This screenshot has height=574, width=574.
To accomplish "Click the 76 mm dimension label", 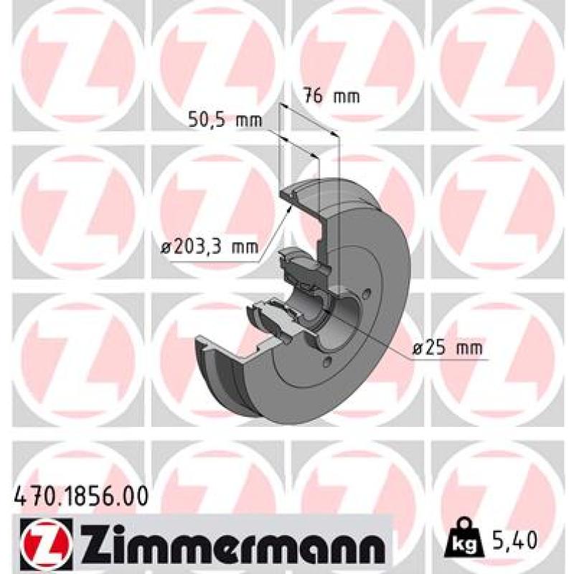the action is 332,96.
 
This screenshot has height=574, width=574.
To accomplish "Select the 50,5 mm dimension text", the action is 225,120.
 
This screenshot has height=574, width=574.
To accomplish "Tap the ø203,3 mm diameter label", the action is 210,247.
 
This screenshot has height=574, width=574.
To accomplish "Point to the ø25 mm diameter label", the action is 447,347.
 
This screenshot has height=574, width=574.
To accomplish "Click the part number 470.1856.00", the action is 81,496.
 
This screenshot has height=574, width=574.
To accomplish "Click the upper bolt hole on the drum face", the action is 367,293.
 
